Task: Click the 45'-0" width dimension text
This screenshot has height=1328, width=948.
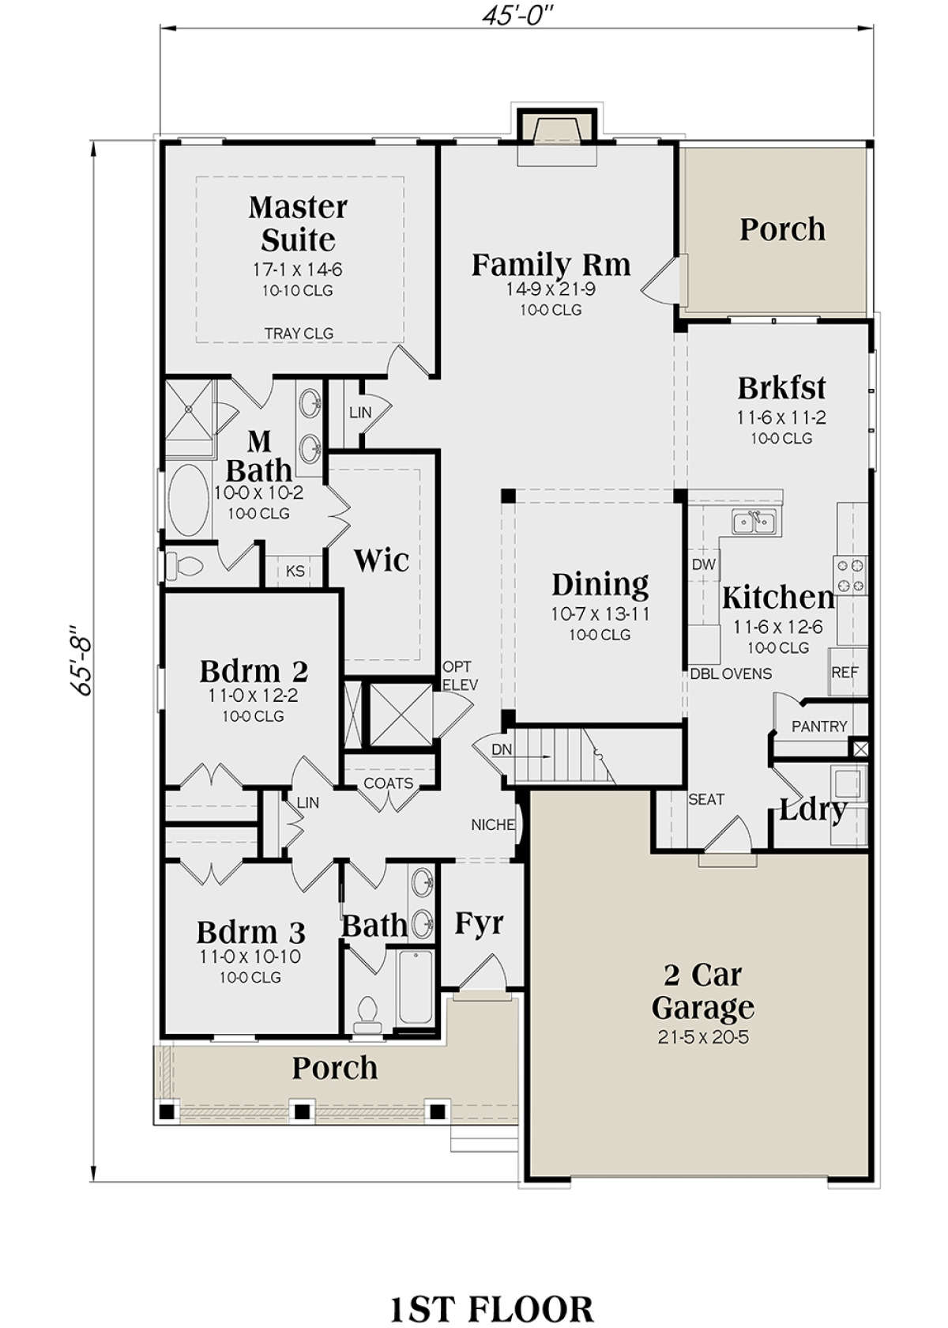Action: coord(517,16)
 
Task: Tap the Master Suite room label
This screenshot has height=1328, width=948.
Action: coord(298,224)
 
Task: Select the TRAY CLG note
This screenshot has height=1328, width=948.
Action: coord(299,334)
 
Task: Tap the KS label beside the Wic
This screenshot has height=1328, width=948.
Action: coord(295,571)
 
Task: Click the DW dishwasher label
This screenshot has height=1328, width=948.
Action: coord(704,564)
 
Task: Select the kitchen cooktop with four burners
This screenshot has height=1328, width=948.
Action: coord(851,576)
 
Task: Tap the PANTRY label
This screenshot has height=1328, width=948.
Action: coord(819,726)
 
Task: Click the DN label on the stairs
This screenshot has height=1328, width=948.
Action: coord(501,750)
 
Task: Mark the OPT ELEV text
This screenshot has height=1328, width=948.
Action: coord(459,677)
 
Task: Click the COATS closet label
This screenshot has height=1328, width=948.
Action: coord(388,784)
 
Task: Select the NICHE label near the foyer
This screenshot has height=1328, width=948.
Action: coord(492,824)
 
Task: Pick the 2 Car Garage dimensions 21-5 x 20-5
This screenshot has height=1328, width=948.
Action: coord(703,1037)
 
